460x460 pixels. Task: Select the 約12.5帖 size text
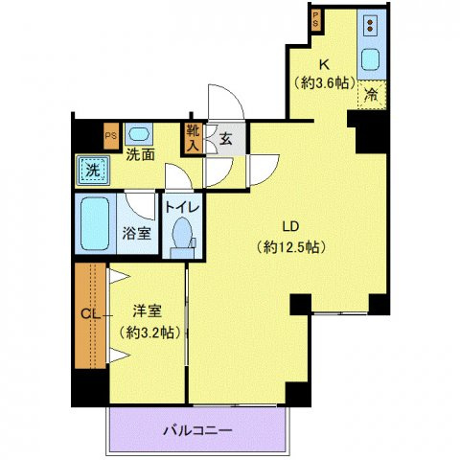(x=293, y=246)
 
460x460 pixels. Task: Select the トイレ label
(x=180, y=205)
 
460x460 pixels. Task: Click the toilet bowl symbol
(x=180, y=236)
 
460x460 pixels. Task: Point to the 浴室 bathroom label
(x=135, y=233)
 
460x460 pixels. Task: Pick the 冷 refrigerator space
(x=372, y=94)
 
